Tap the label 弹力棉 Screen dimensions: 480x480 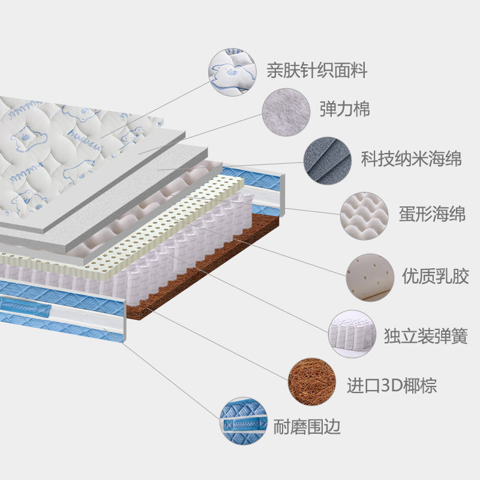click(x=344, y=109)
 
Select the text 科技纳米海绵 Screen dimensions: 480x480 click(x=411, y=160)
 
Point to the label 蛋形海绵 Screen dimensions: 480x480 click(x=432, y=214)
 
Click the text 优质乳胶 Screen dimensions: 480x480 click(x=427, y=278)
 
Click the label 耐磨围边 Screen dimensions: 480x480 click(x=307, y=427)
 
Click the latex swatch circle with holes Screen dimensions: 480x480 click(x=370, y=277)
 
